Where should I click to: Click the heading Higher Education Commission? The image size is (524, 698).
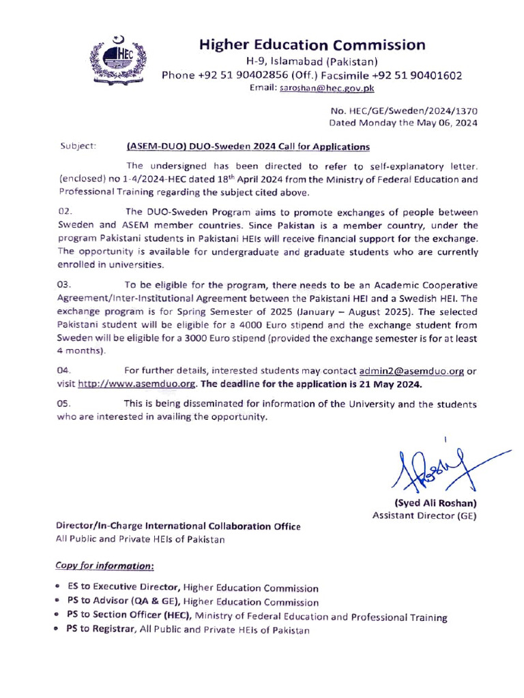312,45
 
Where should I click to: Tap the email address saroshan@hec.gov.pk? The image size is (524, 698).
326,88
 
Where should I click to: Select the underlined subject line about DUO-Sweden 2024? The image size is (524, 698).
248,146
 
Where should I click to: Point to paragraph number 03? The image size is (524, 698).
65,284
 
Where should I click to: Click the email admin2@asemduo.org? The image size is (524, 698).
411,371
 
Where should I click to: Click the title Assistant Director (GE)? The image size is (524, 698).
424,515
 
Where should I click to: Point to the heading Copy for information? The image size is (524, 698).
104,566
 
